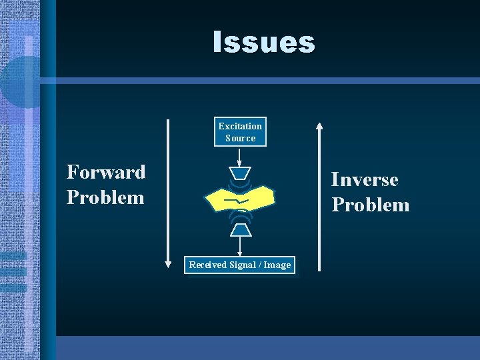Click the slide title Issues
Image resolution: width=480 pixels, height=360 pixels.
coord(263,42)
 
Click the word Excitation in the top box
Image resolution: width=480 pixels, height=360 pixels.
coord(240,126)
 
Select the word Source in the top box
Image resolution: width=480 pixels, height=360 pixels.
coord(240,138)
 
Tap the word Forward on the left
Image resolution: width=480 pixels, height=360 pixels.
coord(106,172)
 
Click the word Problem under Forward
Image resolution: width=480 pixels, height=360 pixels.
coord(105,197)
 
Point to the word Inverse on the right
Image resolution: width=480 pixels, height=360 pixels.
coord(365,179)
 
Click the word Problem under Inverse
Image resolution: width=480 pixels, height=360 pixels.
coord(371,205)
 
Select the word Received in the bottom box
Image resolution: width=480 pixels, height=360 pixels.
coord(208,265)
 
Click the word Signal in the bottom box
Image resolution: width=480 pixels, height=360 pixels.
coord(244,265)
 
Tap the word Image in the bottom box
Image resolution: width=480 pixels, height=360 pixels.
coord(277,265)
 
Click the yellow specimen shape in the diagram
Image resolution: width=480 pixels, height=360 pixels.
coord(257,197)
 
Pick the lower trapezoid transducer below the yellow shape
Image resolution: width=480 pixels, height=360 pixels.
coord(240,230)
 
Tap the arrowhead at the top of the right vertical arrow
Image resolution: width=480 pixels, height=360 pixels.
coord(319,125)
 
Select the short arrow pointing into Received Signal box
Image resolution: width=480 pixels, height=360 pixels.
coord(239,246)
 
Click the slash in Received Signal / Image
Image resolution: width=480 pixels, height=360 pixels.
coord(261,265)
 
